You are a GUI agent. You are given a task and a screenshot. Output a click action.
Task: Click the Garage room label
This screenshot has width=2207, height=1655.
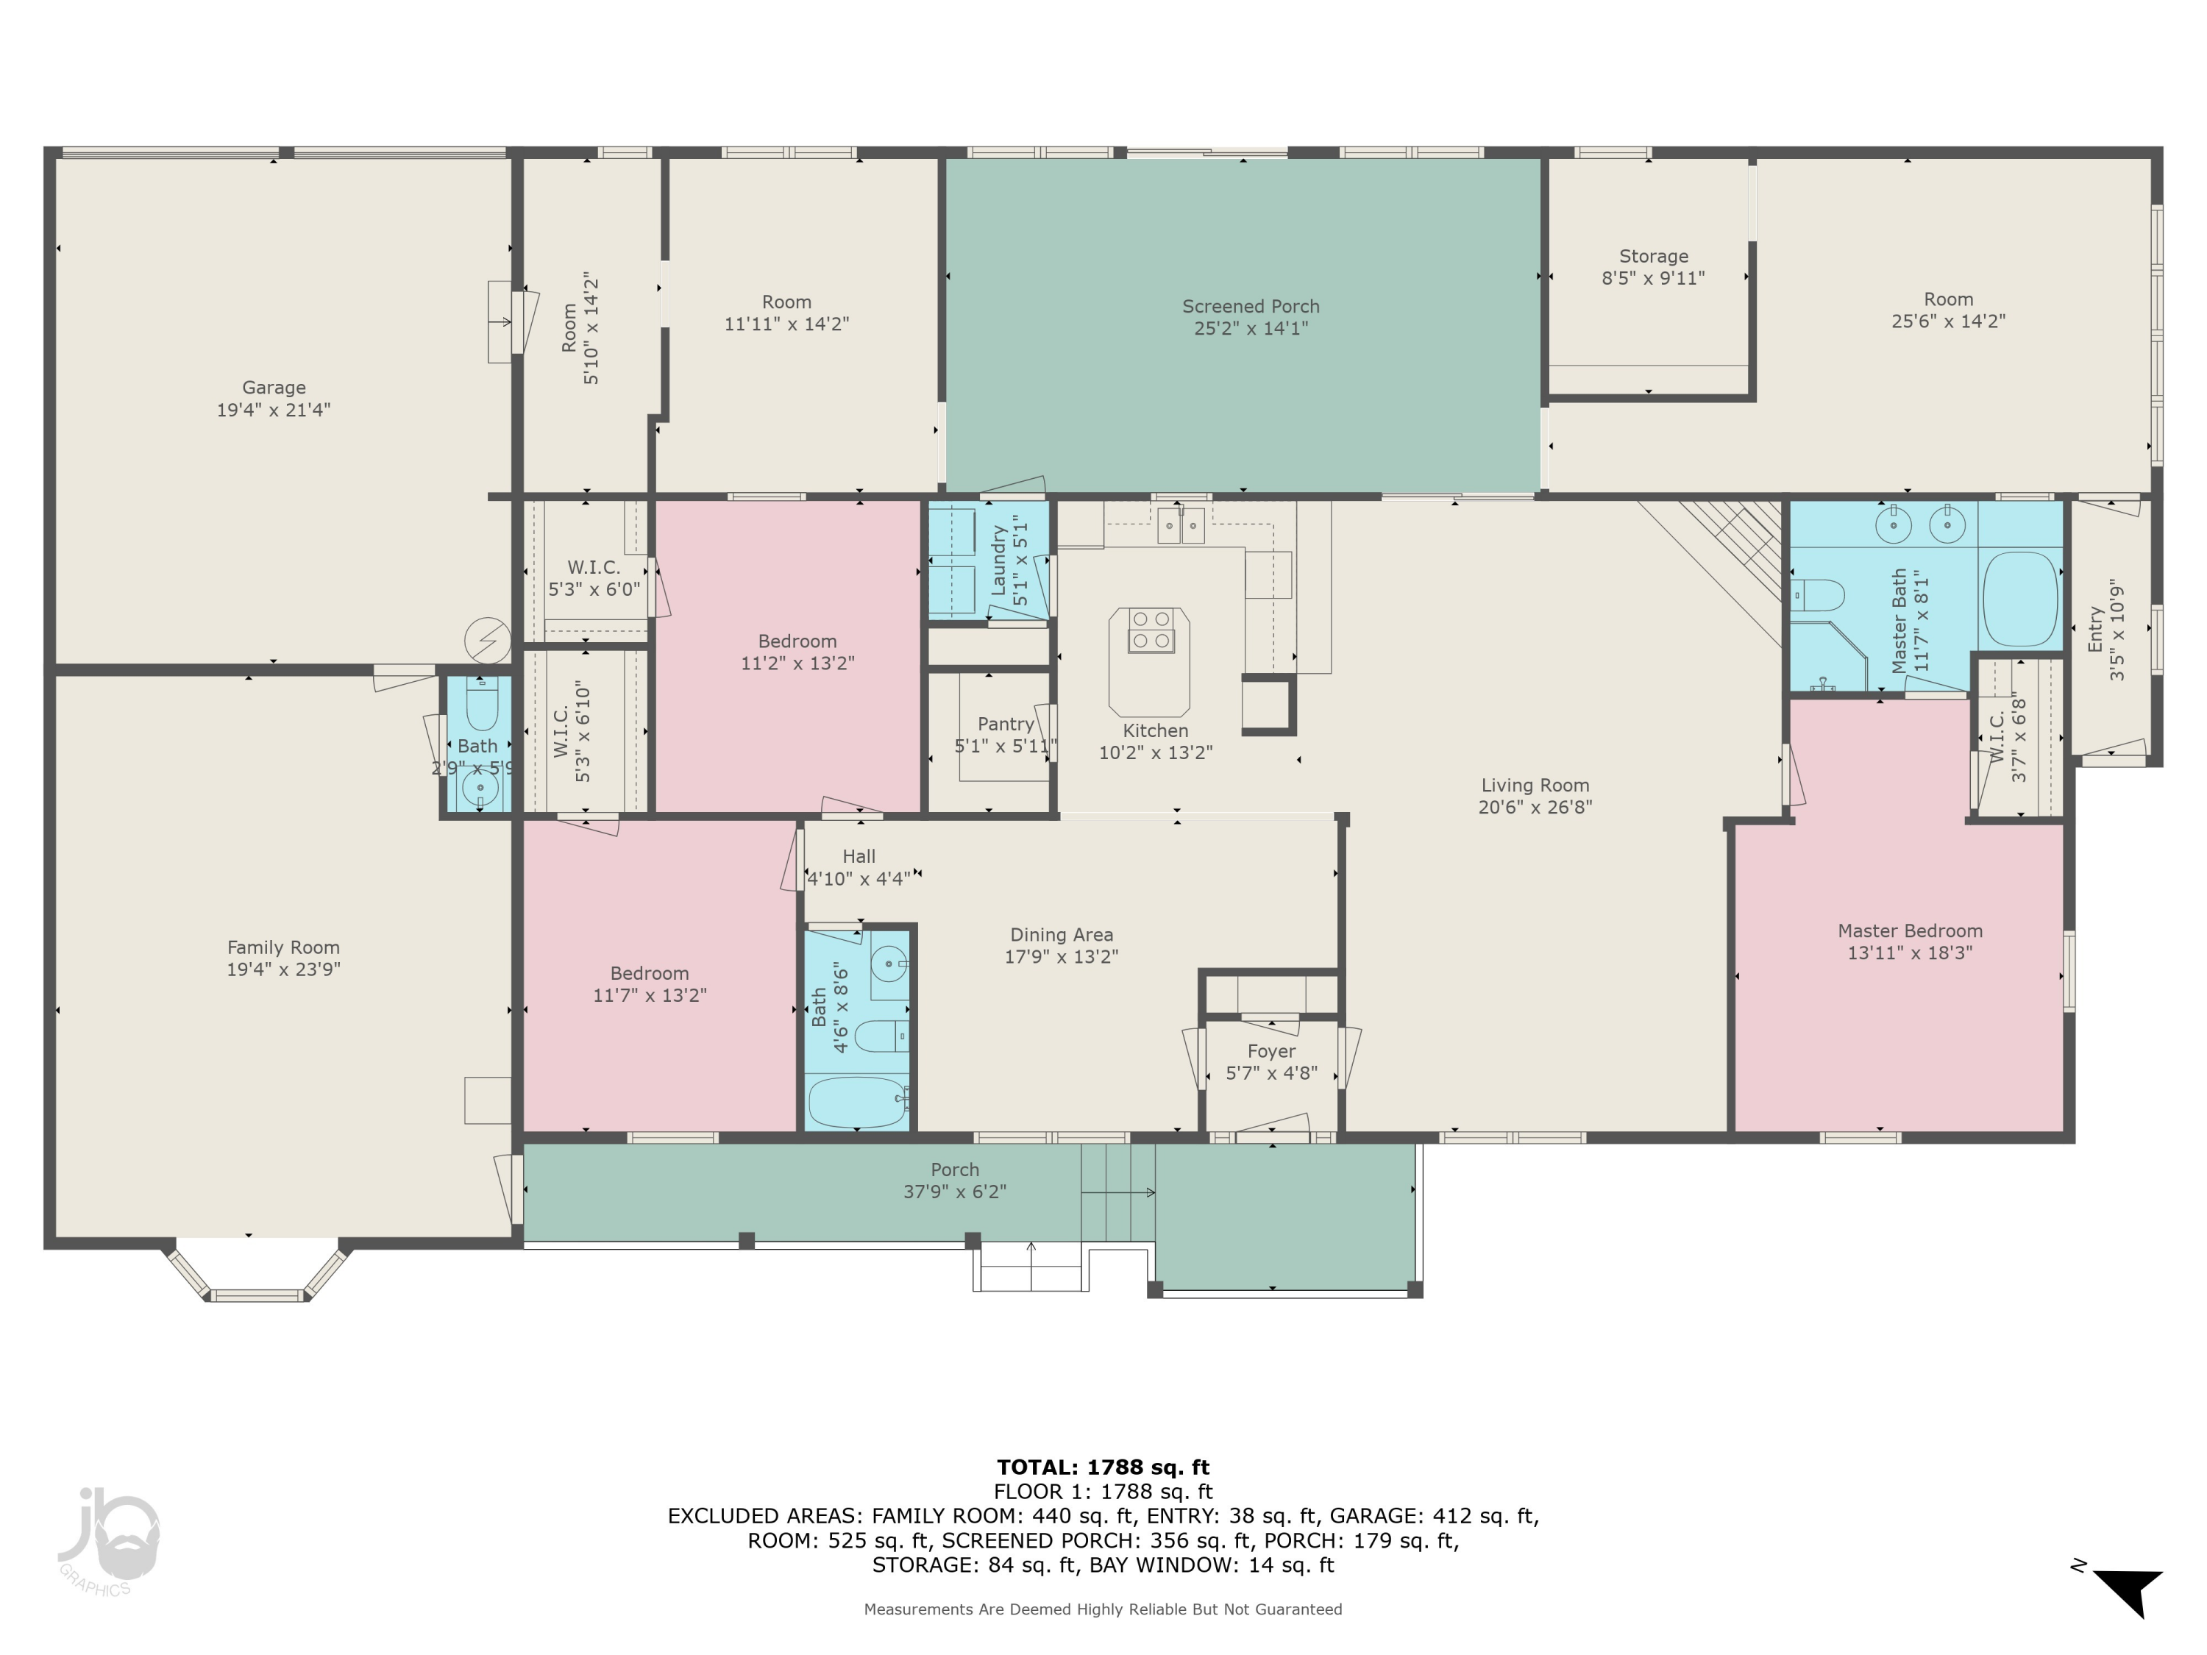[x=274, y=387]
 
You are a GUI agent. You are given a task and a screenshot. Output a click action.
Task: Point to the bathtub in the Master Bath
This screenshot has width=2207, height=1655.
[x=2020, y=599]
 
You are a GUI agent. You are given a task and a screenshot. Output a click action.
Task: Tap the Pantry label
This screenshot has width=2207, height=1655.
[x=1005, y=725]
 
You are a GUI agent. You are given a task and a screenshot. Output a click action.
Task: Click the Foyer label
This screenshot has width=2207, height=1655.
[x=1271, y=1051]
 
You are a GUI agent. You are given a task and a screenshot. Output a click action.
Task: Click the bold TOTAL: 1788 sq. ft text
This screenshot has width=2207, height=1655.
[x=1103, y=1467]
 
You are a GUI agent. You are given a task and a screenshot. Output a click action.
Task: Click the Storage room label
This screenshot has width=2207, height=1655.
[x=1653, y=257]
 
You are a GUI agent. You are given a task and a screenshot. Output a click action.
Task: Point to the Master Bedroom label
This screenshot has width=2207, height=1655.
[x=1910, y=930]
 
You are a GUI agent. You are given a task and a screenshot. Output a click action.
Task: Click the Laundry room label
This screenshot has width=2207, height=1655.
[x=997, y=563]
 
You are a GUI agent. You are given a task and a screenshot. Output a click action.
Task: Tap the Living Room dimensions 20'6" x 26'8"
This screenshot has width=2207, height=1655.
[x=1535, y=807]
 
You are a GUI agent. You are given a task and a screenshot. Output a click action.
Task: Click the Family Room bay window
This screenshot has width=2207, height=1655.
[x=257, y=1276]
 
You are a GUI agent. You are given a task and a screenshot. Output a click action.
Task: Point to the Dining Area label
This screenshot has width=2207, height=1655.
[x=1061, y=935]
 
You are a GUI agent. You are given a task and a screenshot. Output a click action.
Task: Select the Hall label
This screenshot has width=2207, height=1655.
[x=858, y=856]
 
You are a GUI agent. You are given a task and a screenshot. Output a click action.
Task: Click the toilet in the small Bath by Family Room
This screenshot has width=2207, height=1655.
[x=481, y=708]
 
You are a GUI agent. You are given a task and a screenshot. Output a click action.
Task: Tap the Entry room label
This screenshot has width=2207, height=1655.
[x=2095, y=630]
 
